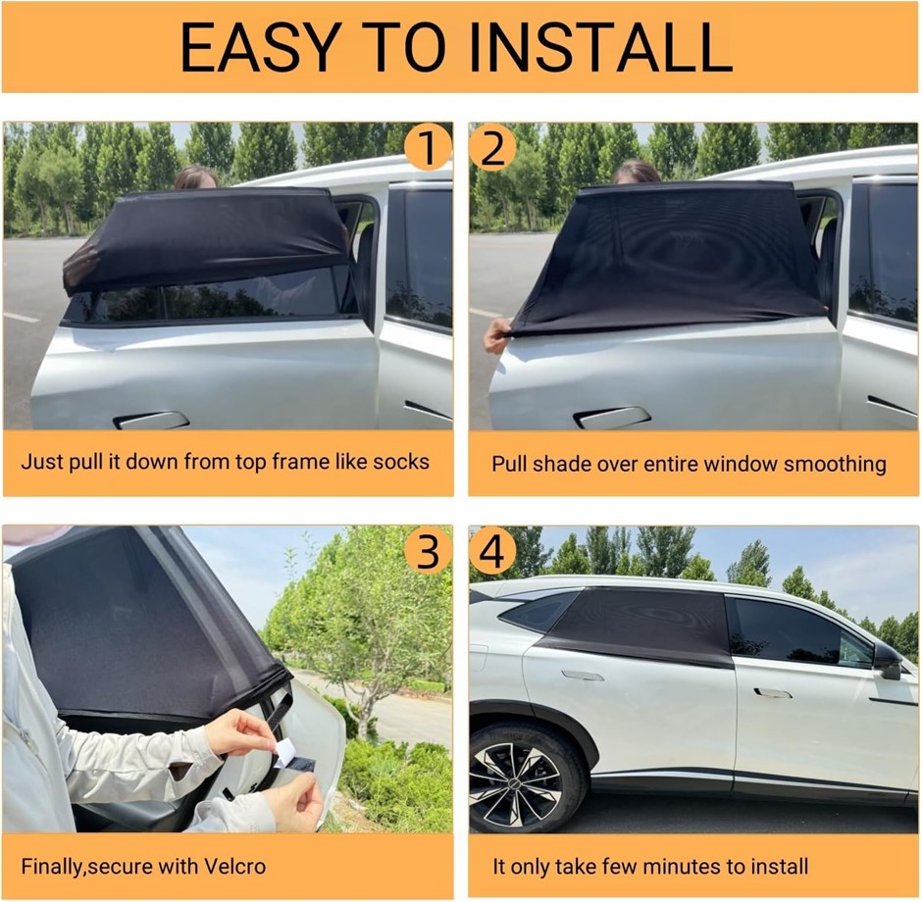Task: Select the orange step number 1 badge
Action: tap(428, 147)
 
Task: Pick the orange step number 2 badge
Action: tap(492, 147)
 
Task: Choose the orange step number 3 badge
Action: tap(428, 551)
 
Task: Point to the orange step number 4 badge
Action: tap(492, 551)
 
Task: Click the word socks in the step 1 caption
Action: tap(400, 461)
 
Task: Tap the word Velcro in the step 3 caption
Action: tap(234, 866)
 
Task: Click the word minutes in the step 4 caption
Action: tap(682, 866)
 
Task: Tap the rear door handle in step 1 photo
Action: tap(151, 420)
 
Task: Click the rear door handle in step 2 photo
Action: tap(612, 417)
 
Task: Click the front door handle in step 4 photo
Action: tap(772, 693)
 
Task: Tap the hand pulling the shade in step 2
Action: tap(497, 335)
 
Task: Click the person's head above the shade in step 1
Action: tap(196, 176)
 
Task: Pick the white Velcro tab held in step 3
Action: tap(284, 752)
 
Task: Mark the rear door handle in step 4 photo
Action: tap(582, 676)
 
